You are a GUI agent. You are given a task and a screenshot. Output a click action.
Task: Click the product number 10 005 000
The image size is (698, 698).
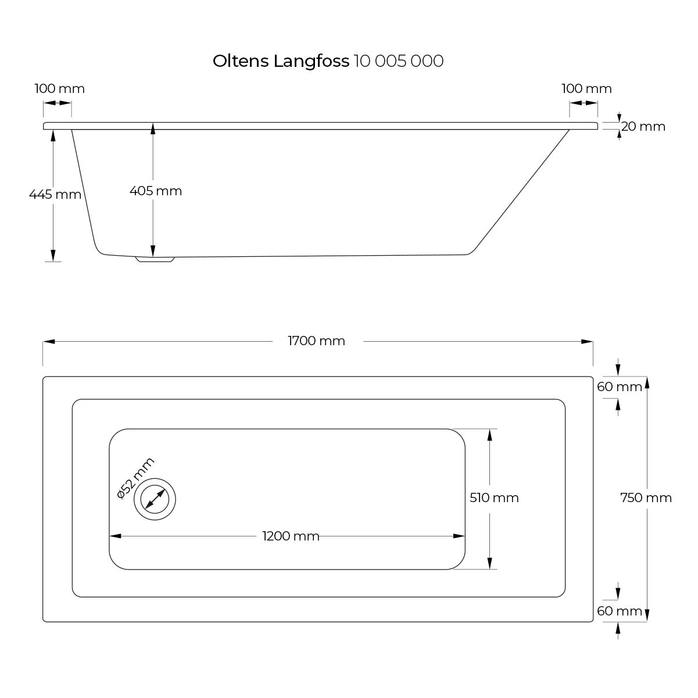click(399, 61)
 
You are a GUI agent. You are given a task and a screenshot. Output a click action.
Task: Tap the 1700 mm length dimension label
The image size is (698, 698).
click(317, 341)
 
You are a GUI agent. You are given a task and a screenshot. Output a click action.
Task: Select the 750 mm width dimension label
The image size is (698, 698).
click(646, 497)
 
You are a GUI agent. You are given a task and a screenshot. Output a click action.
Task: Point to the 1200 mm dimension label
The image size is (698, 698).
click(291, 536)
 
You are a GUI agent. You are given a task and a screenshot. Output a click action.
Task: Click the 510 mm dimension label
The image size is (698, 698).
click(494, 497)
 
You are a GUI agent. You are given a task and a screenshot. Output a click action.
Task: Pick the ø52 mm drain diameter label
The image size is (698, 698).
click(135, 478)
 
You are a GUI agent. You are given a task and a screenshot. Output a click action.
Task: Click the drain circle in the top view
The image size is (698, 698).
click(155, 499)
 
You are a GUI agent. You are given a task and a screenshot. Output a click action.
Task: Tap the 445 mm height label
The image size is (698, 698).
click(55, 194)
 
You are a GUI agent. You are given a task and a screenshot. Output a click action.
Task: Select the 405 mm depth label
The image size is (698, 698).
click(156, 191)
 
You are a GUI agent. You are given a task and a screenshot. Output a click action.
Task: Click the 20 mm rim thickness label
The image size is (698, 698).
click(643, 126)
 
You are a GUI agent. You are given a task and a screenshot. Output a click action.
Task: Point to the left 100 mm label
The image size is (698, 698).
click(59, 89)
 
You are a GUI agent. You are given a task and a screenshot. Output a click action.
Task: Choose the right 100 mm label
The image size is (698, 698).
click(586, 89)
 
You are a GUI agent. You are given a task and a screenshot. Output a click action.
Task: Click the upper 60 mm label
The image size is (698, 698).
click(620, 386)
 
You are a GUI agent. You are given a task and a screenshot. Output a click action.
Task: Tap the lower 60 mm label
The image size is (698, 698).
click(620, 611)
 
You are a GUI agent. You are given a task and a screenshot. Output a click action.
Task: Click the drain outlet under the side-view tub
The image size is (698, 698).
click(155, 259)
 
